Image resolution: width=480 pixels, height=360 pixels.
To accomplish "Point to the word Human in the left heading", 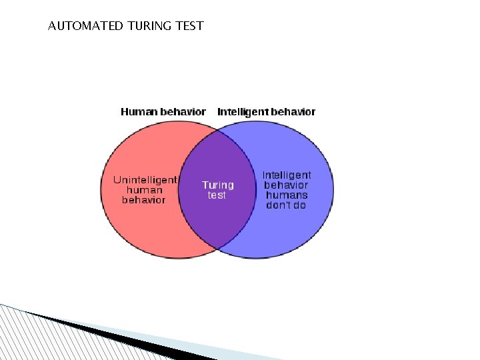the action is (139, 111).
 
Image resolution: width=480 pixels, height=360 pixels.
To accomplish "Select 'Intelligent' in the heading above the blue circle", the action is (242, 111).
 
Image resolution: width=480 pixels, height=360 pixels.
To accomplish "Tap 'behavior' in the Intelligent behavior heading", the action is (292, 111).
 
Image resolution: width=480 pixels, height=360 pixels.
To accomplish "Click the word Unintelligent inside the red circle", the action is (145, 180).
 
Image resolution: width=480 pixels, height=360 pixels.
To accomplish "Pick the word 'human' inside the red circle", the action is (144, 190).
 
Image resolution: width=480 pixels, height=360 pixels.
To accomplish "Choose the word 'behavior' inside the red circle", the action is (144, 200).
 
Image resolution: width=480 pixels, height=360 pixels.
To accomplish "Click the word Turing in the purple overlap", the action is (218, 185).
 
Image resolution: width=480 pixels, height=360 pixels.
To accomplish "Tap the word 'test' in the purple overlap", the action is (217, 195).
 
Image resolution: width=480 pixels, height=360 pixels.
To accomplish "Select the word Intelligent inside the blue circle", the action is (287, 175).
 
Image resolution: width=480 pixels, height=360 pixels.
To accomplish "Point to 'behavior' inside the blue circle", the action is (287, 185).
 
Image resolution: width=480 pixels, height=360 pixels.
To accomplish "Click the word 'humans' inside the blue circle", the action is (287, 195).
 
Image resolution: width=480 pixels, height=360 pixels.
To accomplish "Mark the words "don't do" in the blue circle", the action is (287, 205).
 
